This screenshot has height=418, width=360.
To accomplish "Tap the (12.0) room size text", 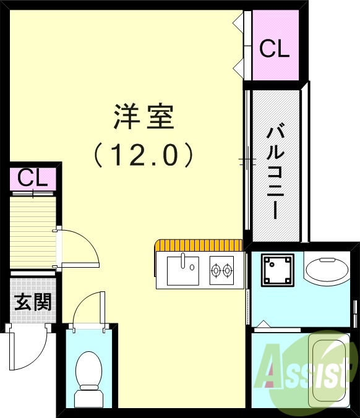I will (x=144, y=155).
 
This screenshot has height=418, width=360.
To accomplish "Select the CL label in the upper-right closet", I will (x=274, y=49).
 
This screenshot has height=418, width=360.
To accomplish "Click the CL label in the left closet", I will (x=32, y=178).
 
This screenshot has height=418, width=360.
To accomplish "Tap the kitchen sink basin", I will (x=182, y=270).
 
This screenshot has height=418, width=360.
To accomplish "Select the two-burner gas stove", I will (x=221, y=270).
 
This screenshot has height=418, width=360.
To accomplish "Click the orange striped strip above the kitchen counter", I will (x=199, y=245).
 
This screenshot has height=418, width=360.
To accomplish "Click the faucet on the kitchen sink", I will (x=183, y=261).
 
